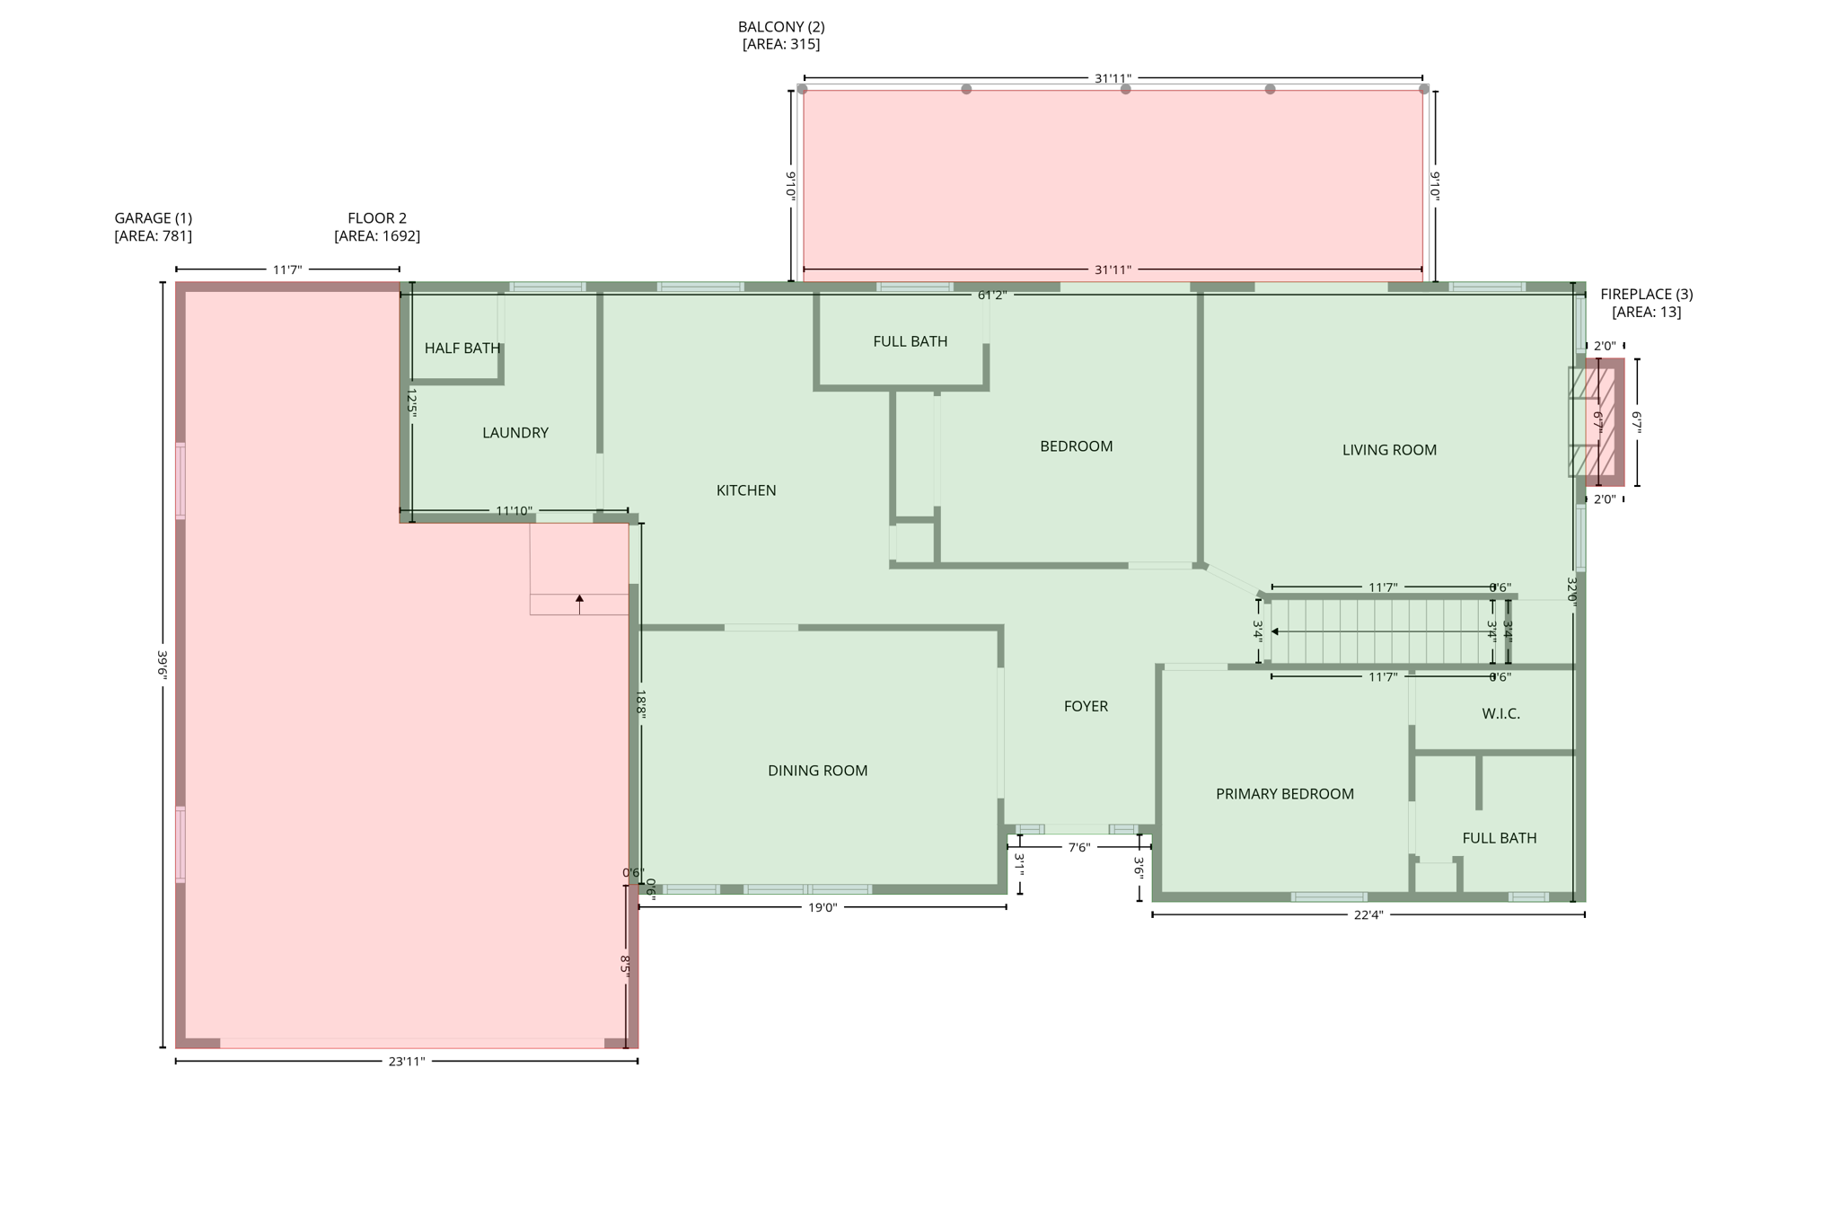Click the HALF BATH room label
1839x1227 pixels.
[x=462, y=349]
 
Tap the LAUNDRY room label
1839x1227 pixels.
[x=515, y=433]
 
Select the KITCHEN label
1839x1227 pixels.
[x=746, y=490]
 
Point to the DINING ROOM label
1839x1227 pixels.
[x=817, y=771]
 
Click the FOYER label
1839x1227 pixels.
[x=1086, y=707]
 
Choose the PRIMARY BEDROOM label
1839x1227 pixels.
[x=1284, y=794]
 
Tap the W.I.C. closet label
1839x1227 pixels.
[x=1500, y=714]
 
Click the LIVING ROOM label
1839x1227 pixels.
[x=1389, y=450]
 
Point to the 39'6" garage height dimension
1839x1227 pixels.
[x=163, y=665]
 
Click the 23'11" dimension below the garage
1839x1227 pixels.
[x=406, y=1062]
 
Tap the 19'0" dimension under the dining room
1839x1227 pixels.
[x=822, y=908]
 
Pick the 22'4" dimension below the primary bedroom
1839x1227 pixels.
[x=1368, y=915]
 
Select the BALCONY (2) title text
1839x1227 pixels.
[x=781, y=27]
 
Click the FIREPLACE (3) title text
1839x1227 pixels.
[x=1646, y=295]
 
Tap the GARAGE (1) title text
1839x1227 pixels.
[x=153, y=218]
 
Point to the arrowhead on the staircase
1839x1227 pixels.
[x=1275, y=632]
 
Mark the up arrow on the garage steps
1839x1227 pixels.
[x=579, y=599]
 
